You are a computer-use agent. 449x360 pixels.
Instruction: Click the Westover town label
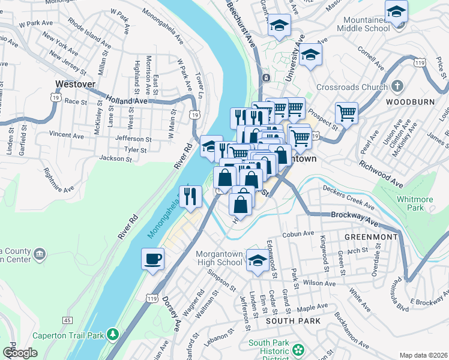click(75, 85)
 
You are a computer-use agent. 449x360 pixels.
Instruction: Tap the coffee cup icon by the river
click(152, 259)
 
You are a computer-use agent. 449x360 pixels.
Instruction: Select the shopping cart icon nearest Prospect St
click(346, 112)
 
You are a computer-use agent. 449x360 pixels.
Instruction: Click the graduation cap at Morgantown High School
click(258, 260)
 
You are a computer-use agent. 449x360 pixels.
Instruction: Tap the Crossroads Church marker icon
click(397, 86)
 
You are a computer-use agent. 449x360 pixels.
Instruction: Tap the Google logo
click(20, 353)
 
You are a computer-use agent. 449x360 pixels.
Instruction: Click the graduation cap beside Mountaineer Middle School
click(396, 12)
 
